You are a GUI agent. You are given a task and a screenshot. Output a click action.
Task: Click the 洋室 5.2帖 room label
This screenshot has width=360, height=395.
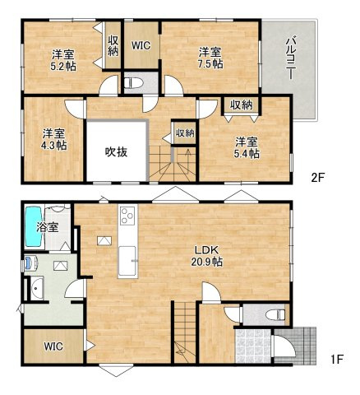(x=62, y=60)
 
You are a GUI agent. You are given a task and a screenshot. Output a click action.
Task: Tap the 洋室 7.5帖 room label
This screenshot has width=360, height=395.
(x=209, y=58)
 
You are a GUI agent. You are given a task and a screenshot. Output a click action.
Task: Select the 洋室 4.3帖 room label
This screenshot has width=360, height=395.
(x=54, y=139)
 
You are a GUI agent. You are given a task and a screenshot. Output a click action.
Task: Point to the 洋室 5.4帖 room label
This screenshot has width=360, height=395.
(x=246, y=146)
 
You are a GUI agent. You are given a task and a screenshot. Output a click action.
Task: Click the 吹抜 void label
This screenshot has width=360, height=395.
(x=116, y=151)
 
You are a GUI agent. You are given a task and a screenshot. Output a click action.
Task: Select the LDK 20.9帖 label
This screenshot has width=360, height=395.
(x=205, y=255)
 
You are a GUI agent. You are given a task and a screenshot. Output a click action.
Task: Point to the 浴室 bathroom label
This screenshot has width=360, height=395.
(x=48, y=226)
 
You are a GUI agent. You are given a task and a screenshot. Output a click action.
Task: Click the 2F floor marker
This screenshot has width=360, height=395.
(x=316, y=176)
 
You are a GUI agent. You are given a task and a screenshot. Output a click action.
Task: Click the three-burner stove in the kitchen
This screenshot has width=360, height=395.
(x=127, y=216)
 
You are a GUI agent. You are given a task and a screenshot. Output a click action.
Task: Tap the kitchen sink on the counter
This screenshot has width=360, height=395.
(x=128, y=263)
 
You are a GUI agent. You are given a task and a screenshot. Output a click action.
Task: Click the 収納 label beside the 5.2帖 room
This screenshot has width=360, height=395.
(x=113, y=46)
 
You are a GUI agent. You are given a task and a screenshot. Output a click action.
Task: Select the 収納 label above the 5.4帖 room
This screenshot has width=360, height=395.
(x=241, y=105)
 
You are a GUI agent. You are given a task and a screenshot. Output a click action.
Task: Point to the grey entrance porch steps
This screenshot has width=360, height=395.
(x=304, y=343)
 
